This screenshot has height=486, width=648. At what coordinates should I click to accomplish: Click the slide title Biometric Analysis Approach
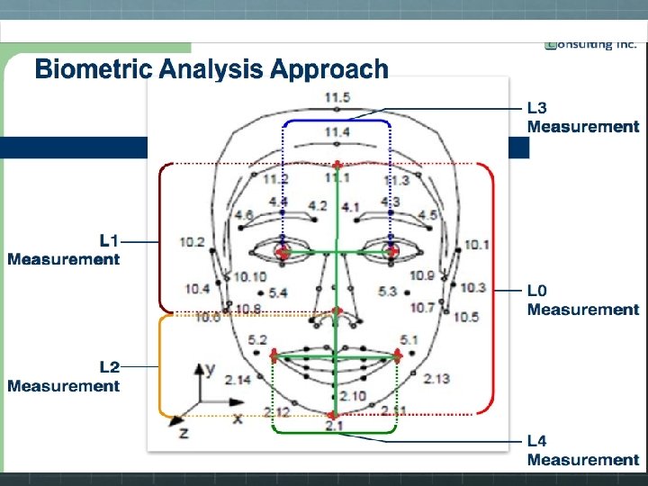(211, 69)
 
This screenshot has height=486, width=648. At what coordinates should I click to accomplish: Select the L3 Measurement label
(582, 117)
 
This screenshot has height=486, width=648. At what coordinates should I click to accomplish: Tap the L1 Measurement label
(64, 249)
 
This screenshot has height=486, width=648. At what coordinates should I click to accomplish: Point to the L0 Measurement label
(582, 300)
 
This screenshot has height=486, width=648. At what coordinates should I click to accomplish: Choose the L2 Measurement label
(64, 376)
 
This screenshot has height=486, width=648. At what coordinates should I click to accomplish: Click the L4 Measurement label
(582, 450)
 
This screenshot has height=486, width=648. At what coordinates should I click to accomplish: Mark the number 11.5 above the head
(337, 98)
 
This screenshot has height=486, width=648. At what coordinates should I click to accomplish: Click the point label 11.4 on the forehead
(337, 132)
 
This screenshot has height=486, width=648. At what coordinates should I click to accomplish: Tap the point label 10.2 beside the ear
(192, 242)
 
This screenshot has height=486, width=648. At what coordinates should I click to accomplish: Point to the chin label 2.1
(334, 425)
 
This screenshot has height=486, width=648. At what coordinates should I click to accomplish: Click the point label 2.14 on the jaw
(238, 380)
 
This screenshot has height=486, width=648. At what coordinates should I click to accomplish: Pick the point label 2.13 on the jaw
(436, 378)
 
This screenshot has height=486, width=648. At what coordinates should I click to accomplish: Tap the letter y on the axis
(209, 369)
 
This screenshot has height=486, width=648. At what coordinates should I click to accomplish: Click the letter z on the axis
(184, 433)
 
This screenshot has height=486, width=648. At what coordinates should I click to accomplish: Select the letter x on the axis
(238, 418)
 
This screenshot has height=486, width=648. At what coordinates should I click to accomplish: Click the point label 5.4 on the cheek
(277, 292)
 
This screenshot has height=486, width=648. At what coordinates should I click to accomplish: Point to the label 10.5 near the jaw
(466, 317)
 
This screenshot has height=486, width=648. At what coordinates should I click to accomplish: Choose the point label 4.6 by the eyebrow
(243, 215)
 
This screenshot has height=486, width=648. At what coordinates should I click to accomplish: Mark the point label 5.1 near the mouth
(409, 339)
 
